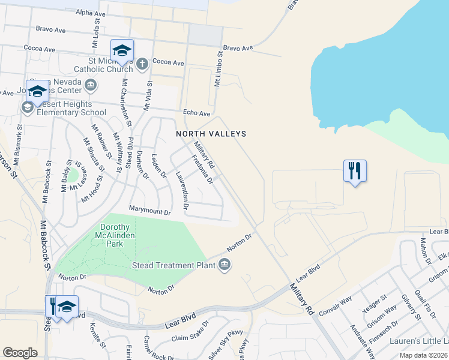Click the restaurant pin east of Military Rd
tap(355, 171)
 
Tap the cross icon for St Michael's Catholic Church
tap(142, 63)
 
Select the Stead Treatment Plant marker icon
tap(224, 265)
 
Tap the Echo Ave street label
tap(197, 113)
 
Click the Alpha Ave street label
tap(91, 13)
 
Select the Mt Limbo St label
tap(218, 68)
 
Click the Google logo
tap(20, 352)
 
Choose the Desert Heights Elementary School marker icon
tap(27, 107)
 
